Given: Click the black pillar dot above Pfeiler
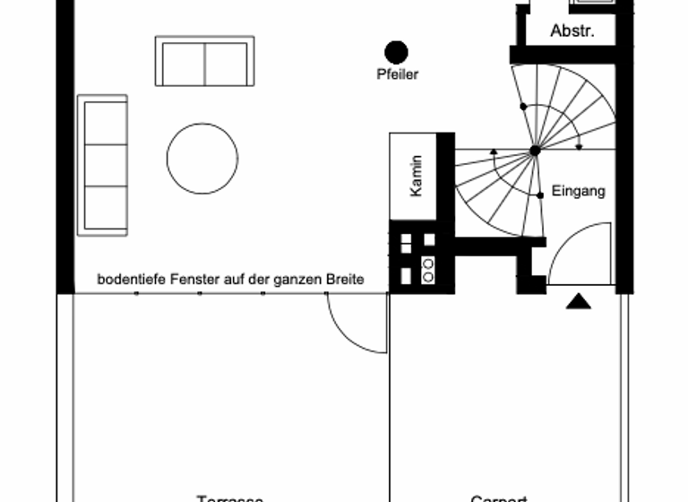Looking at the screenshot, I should point(396,53).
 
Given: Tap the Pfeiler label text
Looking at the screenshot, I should point(397,75).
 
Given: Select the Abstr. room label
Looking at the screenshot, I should point(572,31).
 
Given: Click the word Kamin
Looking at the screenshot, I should point(416,176).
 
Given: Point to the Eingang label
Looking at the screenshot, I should point(578,191).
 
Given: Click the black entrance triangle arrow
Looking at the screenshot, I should point(579,303).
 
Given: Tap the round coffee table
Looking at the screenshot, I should point(202,159).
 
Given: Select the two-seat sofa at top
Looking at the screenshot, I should point(205,61).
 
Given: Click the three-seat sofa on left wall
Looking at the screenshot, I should point(102,165).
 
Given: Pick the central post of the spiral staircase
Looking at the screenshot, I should point(535,151).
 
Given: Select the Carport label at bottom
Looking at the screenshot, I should point(499,498).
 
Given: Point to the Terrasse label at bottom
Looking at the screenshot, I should point(230,498).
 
